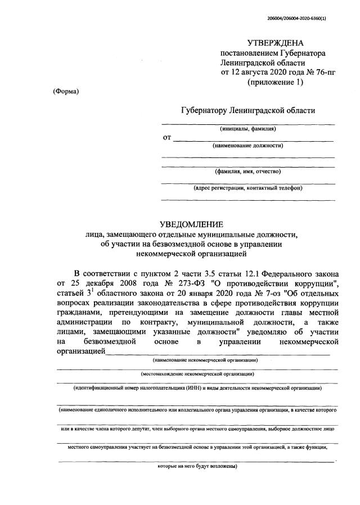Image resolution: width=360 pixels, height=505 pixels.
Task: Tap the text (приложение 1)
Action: click(x=276, y=82)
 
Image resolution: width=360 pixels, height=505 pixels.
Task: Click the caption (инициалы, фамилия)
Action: click(x=247, y=129)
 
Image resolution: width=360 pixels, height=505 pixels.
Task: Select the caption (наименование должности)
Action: click(x=247, y=146)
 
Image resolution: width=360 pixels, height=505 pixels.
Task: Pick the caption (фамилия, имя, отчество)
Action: click(x=247, y=171)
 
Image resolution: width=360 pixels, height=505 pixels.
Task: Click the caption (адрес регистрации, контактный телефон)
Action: click(x=247, y=188)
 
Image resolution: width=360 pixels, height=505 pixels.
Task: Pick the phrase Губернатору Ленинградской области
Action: click(x=248, y=110)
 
